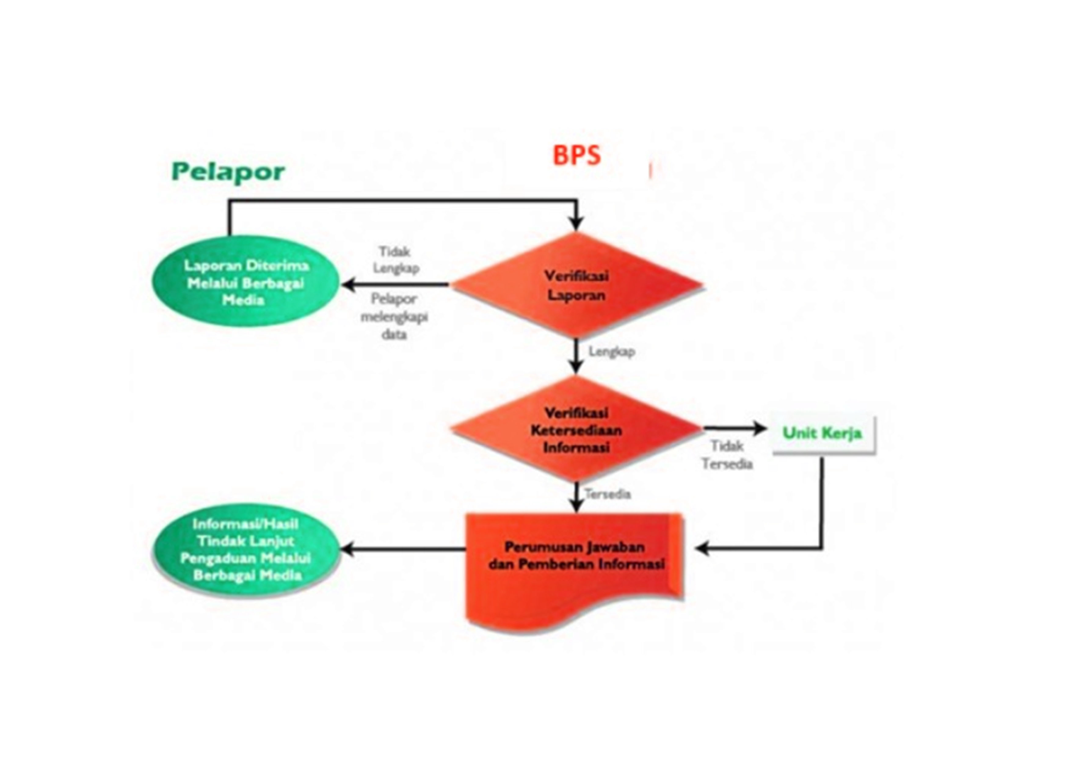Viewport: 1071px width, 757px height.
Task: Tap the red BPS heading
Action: (576, 156)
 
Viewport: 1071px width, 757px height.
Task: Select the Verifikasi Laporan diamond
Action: (576, 285)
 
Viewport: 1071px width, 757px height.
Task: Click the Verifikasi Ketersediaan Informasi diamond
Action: (576, 429)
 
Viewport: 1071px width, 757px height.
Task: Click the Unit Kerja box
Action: (823, 434)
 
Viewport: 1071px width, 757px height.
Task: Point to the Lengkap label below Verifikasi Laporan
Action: (612, 351)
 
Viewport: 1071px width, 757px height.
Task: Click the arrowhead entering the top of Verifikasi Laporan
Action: (576, 225)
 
